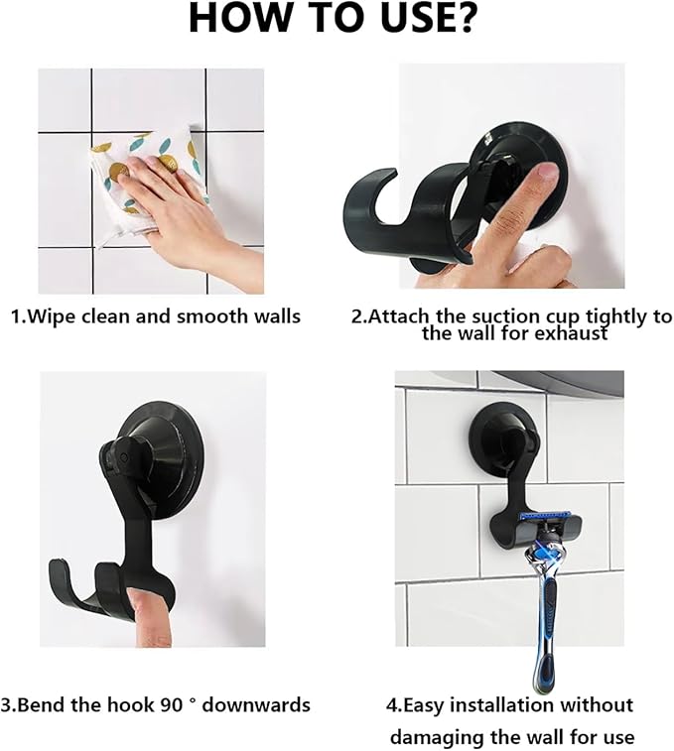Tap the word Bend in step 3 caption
[47, 705]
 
